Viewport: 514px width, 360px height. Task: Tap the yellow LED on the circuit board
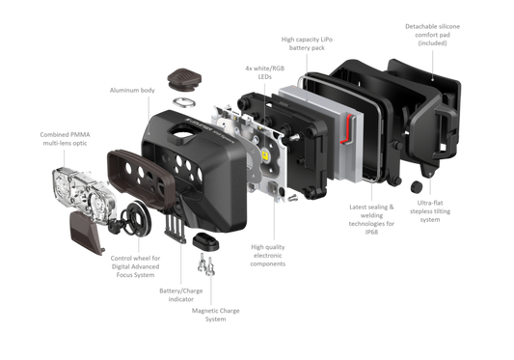263,152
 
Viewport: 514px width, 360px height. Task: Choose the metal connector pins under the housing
206,263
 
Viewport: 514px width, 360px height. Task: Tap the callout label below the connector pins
217,314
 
